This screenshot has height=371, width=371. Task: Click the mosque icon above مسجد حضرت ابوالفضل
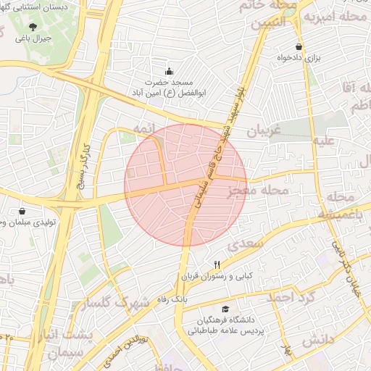pyautogui.click(x=170, y=71)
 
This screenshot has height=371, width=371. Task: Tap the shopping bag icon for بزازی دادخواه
pyautogui.click(x=299, y=46)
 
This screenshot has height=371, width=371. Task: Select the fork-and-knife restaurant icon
pyautogui.click(x=217, y=264)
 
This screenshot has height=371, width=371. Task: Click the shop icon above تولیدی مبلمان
pyautogui.click(x=22, y=211)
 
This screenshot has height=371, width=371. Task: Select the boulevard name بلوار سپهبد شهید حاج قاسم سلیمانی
pyautogui.click(x=217, y=156)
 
